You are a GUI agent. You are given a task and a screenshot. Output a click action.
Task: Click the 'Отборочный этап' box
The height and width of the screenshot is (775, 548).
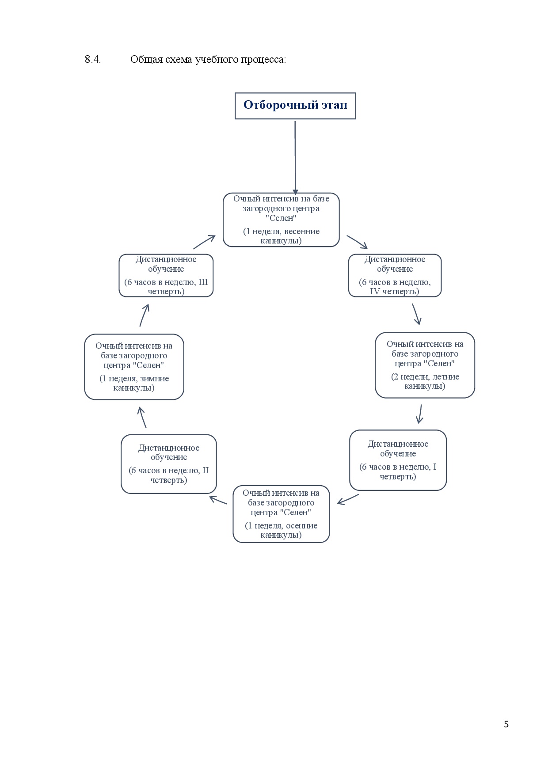295,106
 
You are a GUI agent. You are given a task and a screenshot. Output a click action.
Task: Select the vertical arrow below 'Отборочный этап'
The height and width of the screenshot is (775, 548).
295,158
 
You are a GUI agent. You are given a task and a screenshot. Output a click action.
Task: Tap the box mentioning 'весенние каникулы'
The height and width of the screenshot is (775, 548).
281,220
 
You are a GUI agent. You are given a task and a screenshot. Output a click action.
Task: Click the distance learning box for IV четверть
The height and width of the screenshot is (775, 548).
395,275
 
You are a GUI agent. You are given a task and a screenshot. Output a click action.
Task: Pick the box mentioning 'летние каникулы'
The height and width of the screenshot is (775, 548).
425,365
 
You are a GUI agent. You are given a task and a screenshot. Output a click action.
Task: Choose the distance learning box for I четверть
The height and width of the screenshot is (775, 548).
398,460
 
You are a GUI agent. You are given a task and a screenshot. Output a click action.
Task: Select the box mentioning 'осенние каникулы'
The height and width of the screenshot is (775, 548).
281,514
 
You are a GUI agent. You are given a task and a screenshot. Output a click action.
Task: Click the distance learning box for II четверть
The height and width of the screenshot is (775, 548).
169,464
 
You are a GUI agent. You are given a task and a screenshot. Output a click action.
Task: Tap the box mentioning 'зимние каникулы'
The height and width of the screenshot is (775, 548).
134,367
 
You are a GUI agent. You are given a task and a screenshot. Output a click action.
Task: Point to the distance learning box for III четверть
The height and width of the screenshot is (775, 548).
166,275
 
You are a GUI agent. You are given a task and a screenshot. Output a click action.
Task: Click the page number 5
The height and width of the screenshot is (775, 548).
506,724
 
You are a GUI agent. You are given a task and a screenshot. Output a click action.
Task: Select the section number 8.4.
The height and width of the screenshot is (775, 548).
93,60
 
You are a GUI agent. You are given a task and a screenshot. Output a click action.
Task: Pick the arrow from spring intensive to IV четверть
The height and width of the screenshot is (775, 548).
357,242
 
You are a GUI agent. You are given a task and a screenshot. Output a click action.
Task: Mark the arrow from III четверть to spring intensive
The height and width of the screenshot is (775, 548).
204,242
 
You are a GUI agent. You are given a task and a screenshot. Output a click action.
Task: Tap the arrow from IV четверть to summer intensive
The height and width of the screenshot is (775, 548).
417,314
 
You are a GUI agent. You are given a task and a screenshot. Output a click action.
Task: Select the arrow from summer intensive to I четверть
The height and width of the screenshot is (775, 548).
420,414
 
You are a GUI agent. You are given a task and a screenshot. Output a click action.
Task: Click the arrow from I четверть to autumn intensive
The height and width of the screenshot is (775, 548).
348,499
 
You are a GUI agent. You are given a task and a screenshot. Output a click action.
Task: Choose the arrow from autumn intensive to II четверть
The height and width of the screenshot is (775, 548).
218,500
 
